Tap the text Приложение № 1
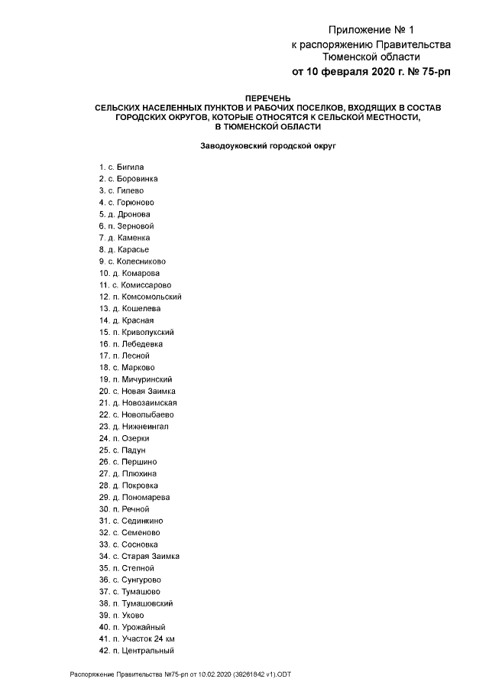point(371,30)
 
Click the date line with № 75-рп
point(371,73)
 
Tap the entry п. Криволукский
point(137,333)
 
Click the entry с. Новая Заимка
point(137,391)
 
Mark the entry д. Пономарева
point(134,497)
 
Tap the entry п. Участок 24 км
point(138,638)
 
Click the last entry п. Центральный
point(137,651)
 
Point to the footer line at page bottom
point(181,675)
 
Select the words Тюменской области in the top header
point(371,57)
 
